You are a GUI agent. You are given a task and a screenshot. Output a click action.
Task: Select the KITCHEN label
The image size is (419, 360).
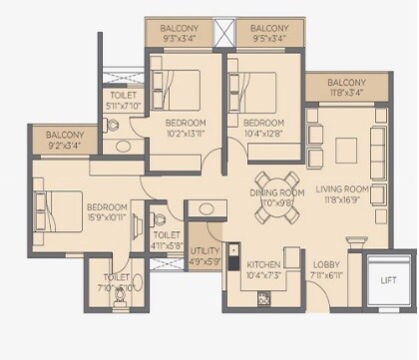[x=264, y=264]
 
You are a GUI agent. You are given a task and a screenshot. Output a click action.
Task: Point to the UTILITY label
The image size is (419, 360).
[x=206, y=252]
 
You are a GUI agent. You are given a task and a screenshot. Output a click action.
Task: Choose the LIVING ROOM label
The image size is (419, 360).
[x=343, y=187]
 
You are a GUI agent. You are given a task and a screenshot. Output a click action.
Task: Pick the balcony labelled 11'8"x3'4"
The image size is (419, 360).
[x=346, y=87]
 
